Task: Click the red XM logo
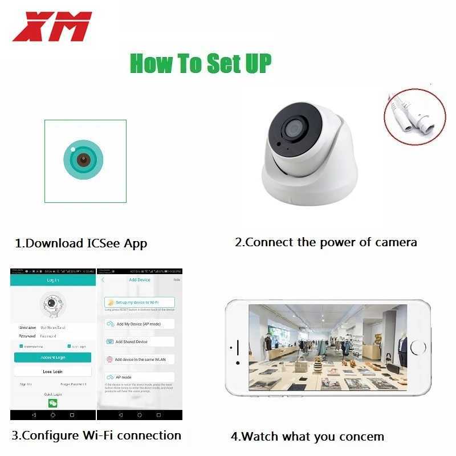coord(51,27)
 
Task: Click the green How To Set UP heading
coord(201,63)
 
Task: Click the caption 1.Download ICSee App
coord(81,243)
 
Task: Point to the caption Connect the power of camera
coord(325,242)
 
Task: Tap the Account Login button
coord(52,357)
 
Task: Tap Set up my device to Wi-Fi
coord(139,302)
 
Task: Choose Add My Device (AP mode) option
coord(139,324)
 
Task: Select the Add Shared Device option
coord(139,341)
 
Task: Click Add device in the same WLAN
coord(139,360)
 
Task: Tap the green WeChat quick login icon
coord(52,402)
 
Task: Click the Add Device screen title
coord(140,280)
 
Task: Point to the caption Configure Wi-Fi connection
coord(96,435)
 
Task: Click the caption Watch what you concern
coord(307,437)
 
